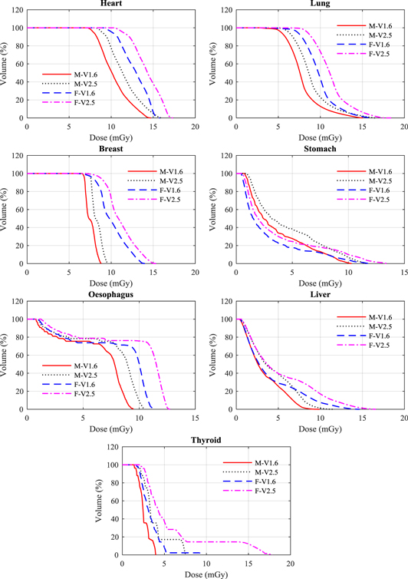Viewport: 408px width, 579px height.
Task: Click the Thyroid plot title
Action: [206, 440]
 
